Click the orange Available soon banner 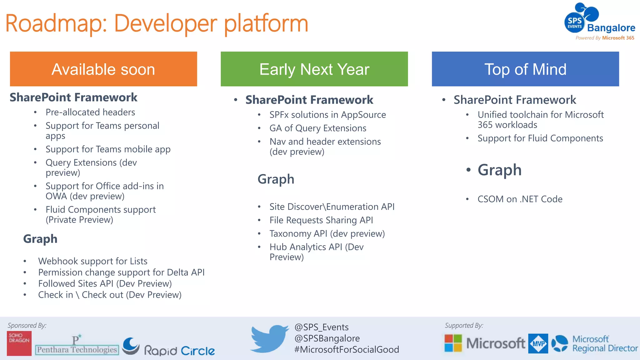[103, 69]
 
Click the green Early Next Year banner [314, 69]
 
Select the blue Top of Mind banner [525, 69]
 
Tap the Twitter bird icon [269, 339]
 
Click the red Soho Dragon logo [19, 343]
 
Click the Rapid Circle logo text [179, 350]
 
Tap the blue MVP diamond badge [538, 343]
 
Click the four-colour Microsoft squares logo [453, 343]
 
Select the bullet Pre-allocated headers [90, 112]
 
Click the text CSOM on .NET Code [520, 199]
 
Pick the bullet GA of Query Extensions [318, 128]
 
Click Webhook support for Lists [92, 261]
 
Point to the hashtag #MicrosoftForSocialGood [347, 349]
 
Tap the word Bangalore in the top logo [611, 28]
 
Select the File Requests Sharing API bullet [321, 220]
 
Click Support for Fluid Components [540, 138]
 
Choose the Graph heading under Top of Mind [499, 170]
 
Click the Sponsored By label [27, 325]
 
